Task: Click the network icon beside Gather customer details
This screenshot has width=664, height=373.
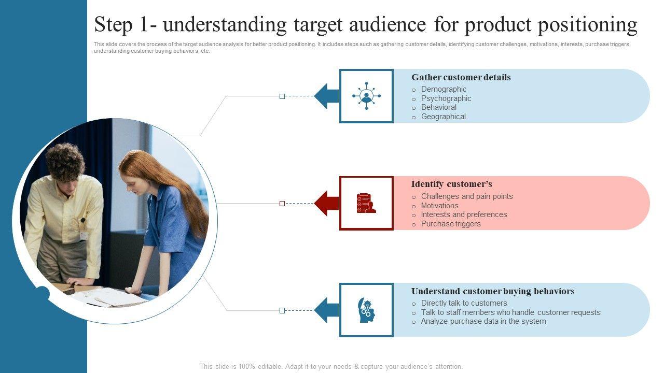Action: pos(366,96)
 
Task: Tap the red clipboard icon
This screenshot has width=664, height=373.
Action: pos(366,203)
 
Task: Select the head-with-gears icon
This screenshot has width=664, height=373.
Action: pos(366,310)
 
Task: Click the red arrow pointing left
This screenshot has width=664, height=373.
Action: pos(326,203)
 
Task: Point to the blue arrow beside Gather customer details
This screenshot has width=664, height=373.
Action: pos(326,96)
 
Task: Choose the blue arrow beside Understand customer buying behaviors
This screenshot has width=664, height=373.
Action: pos(326,310)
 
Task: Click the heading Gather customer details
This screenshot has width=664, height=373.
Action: pos(461,78)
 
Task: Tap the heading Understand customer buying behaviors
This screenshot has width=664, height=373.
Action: pos(493,292)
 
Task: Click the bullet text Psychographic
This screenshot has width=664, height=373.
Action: pos(446,98)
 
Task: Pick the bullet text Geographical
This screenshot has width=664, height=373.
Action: pos(444,117)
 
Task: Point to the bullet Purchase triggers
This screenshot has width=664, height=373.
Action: pos(451,224)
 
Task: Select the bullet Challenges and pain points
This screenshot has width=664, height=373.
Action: pos(467,196)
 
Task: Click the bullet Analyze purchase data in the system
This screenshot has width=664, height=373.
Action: pos(483,321)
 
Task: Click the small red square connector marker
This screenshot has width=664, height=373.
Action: pos(282,204)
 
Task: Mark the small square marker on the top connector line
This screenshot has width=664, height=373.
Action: pos(282,96)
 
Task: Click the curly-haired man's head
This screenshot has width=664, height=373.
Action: pos(65,161)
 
